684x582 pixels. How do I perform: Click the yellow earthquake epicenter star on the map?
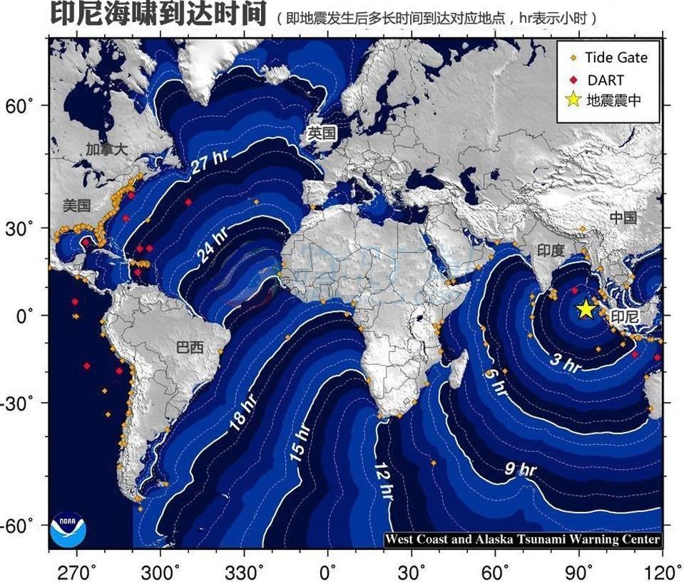pyautogui.click(x=586, y=309)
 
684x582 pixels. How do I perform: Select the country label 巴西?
pyautogui.click(x=189, y=348)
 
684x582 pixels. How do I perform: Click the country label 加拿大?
pyautogui.click(x=106, y=149)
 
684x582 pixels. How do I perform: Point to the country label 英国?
pyautogui.click(x=321, y=133)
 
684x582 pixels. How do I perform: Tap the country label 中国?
pyautogui.click(x=623, y=217)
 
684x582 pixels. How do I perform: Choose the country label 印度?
pyautogui.click(x=550, y=250)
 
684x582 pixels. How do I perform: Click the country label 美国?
pyautogui.click(x=76, y=206)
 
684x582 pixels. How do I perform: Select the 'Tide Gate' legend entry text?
pyautogui.click(x=616, y=58)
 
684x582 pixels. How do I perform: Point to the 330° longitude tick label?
pyautogui.click(x=244, y=571)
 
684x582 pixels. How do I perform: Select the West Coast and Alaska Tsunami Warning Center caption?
pyautogui.click(x=523, y=540)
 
